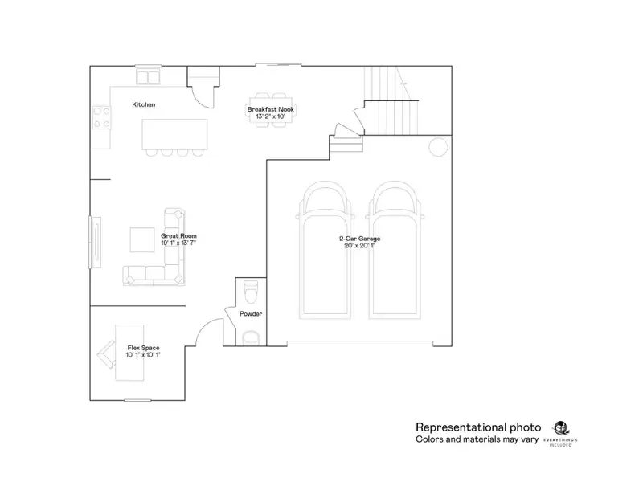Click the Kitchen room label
coord(144,105)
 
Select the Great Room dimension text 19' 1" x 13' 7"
coord(178,242)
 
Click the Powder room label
coord(251,313)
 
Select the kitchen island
coord(174,133)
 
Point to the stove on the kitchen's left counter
coord(102,118)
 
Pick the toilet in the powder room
coord(249,288)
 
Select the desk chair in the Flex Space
coord(106,351)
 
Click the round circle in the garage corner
coord(439,147)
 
